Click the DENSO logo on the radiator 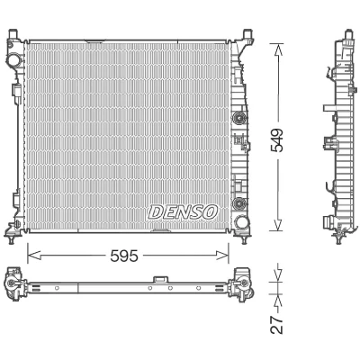coord(183,212)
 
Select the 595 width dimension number coord(124,256)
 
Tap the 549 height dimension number coord(276,140)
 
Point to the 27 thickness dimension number coord(276,324)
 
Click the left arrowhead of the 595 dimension coord(34,256)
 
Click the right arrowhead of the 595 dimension coord(222,256)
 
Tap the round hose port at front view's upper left coord(13,59)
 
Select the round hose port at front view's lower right coord(241,222)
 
